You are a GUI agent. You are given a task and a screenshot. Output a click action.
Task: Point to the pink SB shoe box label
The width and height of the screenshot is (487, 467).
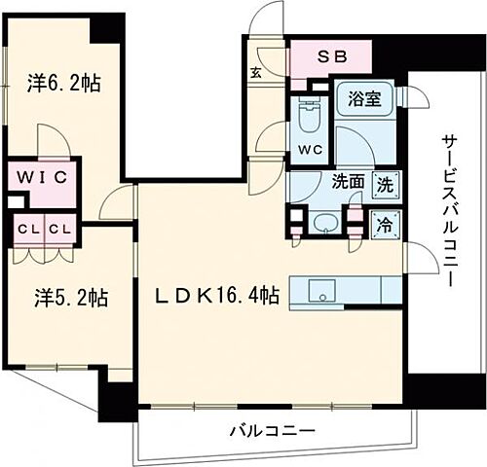coord(332,55)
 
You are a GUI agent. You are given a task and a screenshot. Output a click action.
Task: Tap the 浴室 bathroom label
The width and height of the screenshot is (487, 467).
coord(363,98)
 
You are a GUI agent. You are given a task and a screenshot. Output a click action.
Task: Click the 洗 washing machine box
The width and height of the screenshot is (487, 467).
coord(386,182)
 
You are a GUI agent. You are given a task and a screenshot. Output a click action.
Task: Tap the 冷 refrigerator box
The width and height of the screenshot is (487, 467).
coord(386,222)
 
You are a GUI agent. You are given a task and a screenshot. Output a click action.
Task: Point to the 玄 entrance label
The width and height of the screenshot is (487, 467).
coord(254,71)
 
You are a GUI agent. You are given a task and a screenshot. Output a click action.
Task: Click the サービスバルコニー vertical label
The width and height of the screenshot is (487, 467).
coord(449,209)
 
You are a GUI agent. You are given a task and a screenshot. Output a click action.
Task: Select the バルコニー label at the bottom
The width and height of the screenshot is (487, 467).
coord(273,430)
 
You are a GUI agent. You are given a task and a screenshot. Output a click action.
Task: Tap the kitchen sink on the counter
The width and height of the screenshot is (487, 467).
coord(320,291)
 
